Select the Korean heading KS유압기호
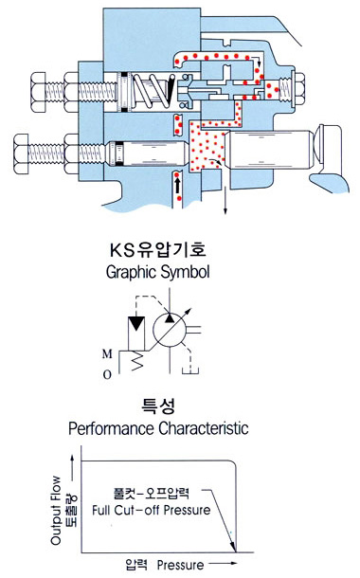(x=179, y=251)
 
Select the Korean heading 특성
(x=179, y=406)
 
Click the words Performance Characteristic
(x=179, y=427)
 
